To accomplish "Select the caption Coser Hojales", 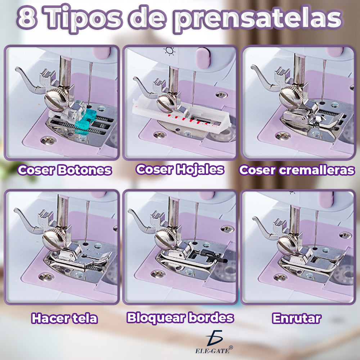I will pyautogui.click(x=180, y=169).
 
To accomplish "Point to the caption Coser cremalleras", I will pyautogui.click(x=297, y=170).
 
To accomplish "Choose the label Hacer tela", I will pyautogui.click(x=64, y=319).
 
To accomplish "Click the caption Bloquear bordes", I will pyautogui.click(x=180, y=318).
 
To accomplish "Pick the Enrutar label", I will pyautogui.click(x=297, y=319).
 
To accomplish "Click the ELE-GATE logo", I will pyautogui.click(x=214, y=342).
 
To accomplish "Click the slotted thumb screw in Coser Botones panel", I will pyautogui.click(x=54, y=98).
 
